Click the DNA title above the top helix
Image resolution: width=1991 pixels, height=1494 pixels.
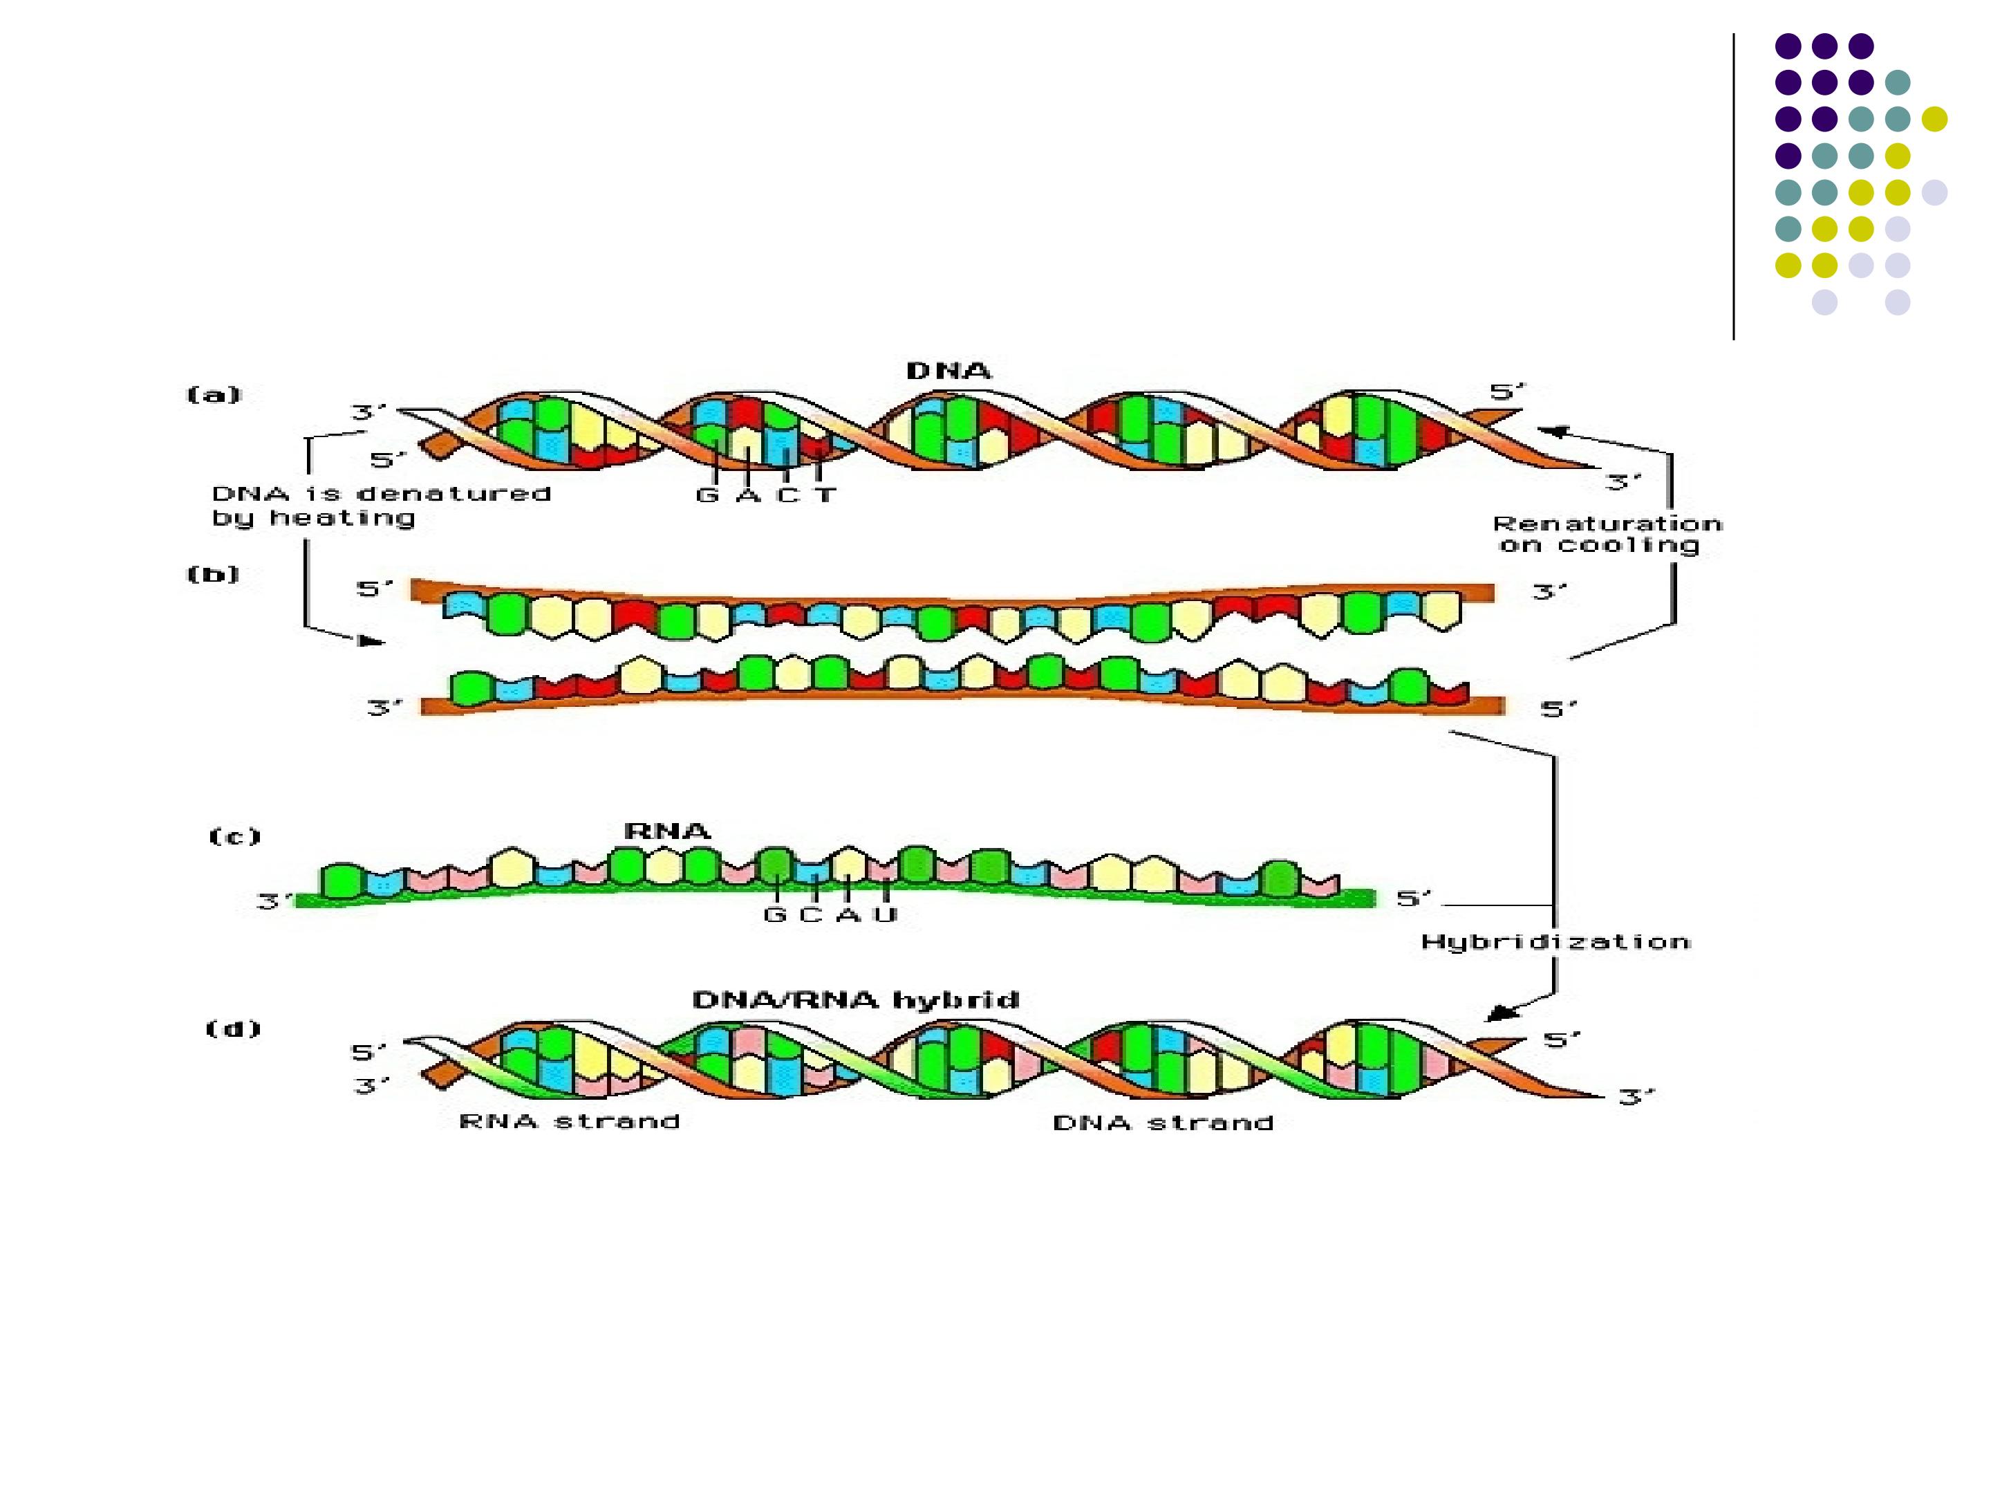point(948,371)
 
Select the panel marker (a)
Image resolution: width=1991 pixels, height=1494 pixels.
point(214,394)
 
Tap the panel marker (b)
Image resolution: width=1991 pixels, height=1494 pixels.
point(214,573)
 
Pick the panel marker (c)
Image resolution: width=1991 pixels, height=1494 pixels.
point(235,837)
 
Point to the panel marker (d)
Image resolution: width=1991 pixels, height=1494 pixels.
point(233,1029)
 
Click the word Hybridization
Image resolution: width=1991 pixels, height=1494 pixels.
point(1555,943)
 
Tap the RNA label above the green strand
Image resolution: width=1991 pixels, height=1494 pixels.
point(667,830)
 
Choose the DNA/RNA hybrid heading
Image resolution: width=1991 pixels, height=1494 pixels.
point(855,999)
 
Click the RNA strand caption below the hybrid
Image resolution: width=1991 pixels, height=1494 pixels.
point(569,1121)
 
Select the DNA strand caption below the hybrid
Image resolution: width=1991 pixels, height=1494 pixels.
point(1163,1123)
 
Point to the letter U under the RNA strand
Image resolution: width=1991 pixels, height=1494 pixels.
point(886,915)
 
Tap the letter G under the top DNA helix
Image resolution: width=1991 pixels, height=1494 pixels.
point(707,495)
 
